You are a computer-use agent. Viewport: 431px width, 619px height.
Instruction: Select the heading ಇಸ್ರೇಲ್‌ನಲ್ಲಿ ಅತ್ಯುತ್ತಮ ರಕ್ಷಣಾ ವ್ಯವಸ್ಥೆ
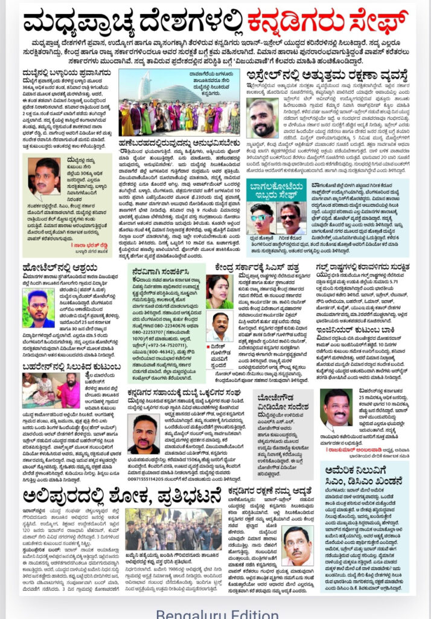326,76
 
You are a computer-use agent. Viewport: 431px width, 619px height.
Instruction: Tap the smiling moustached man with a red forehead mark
336,410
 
